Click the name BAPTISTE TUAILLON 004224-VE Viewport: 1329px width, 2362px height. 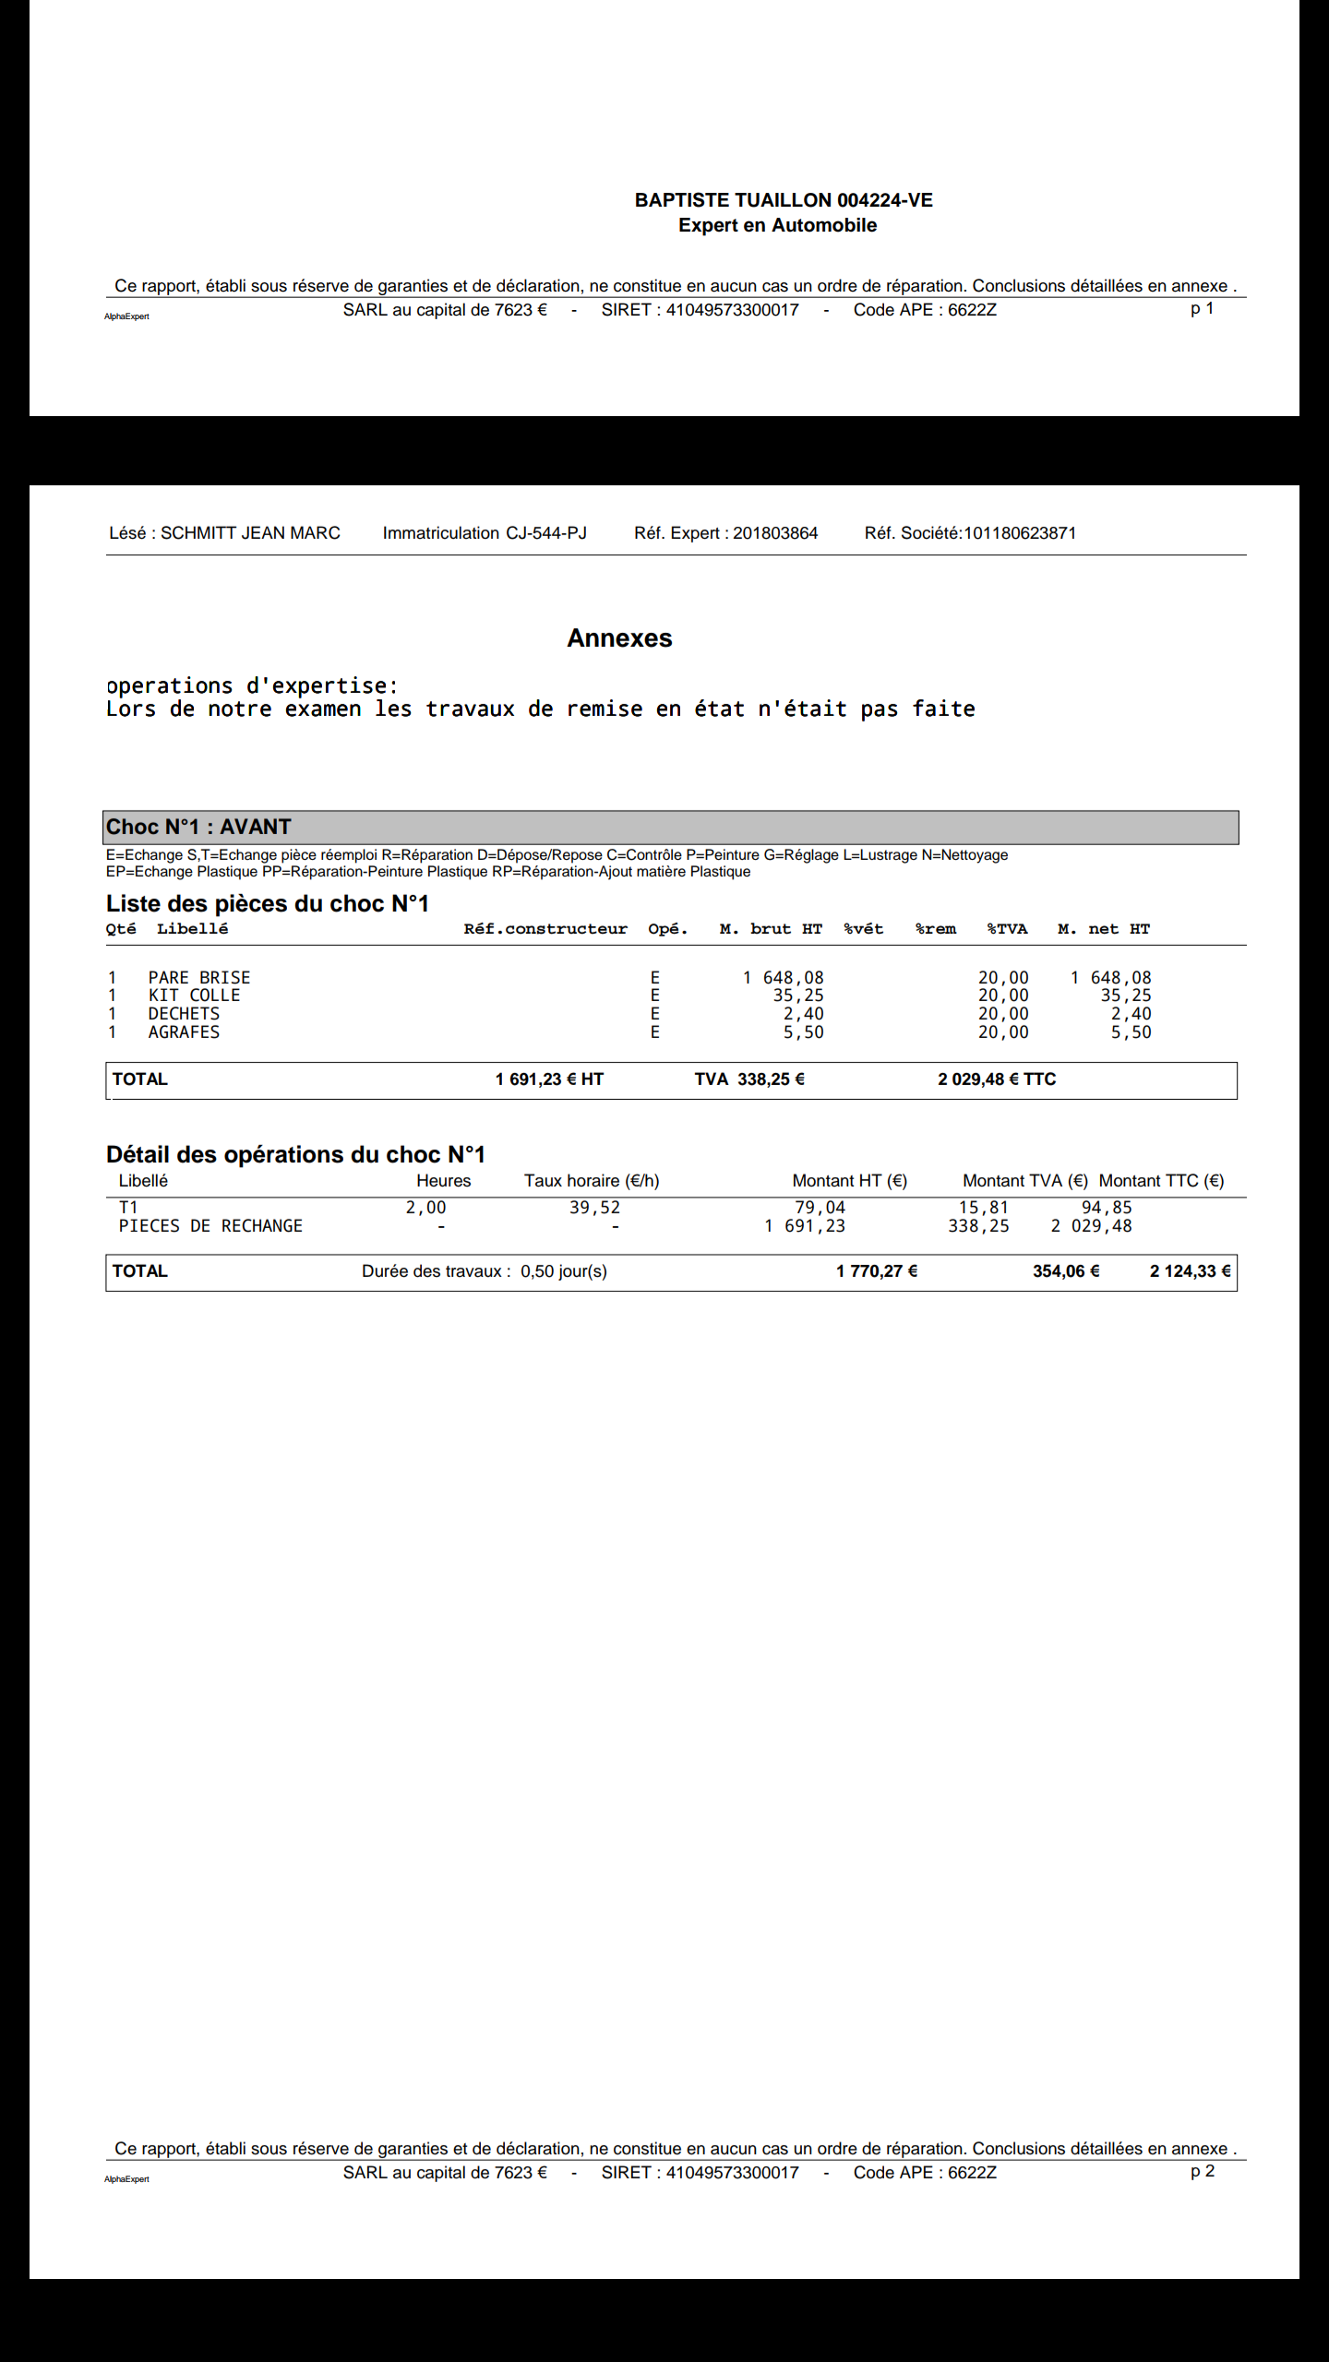click(x=784, y=200)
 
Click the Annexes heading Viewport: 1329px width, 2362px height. click(x=619, y=638)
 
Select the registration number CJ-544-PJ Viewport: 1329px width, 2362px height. click(x=545, y=533)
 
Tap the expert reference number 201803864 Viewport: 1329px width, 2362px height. click(x=775, y=533)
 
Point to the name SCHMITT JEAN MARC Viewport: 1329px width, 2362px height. click(x=250, y=533)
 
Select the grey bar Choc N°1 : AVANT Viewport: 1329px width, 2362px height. click(x=670, y=827)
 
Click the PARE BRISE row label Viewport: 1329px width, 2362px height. click(x=199, y=978)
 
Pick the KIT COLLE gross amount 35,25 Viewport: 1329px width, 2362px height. click(x=798, y=996)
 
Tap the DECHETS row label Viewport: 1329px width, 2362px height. click(x=184, y=1014)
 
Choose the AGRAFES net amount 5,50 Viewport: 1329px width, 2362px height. click(x=1131, y=1032)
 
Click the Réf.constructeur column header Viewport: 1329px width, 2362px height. click(x=545, y=929)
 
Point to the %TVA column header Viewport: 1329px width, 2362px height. click(x=1007, y=929)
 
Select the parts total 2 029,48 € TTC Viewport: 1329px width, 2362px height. click(x=997, y=1080)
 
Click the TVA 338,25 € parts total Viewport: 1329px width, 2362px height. click(x=749, y=1080)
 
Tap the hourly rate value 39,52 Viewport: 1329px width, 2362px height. click(x=594, y=1208)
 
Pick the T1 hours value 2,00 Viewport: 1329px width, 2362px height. click(x=425, y=1208)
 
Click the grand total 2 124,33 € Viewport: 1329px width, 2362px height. click(x=1190, y=1271)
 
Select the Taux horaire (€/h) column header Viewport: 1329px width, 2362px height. click(x=592, y=1181)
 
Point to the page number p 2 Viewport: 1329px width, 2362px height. click(x=1203, y=2171)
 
